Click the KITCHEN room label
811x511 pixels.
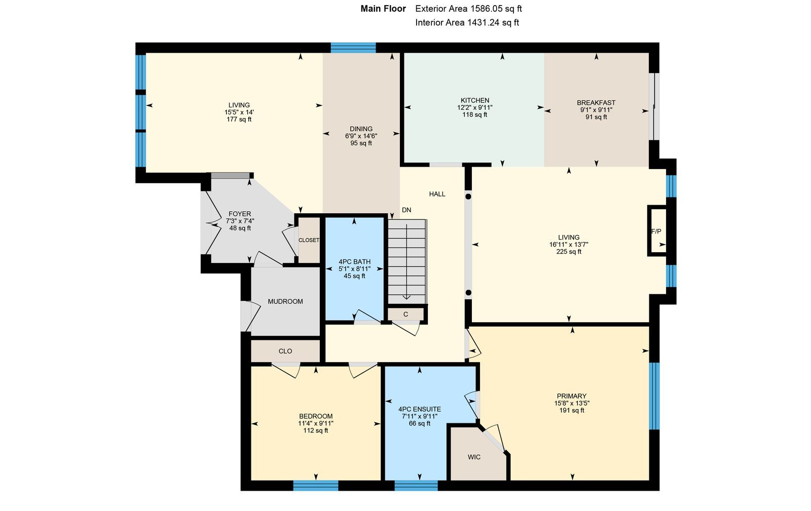coord(474,100)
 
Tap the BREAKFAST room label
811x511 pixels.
coord(596,103)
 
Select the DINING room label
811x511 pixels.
coord(361,129)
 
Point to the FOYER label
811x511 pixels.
coord(240,214)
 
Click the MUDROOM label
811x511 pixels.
coord(285,301)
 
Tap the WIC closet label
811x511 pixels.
coord(474,457)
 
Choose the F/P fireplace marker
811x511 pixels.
coord(656,231)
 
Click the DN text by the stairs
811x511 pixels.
coord(406,210)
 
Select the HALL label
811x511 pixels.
coord(437,194)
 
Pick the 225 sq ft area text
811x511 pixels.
coord(569,252)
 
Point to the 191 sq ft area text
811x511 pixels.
coord(572,410)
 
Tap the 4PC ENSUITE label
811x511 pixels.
coord(420,409)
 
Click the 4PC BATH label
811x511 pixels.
coord(354,262)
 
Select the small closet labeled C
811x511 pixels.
coord(406,315)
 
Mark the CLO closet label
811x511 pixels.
coord(285,351)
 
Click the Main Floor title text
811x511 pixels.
coord(383,9)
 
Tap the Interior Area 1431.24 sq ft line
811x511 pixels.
coord(467,22)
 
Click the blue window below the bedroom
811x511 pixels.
coord(316,485)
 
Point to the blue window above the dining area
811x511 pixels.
coord(353,48)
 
